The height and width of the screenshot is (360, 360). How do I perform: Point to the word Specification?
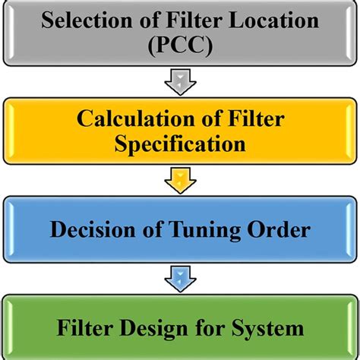coord(180,144)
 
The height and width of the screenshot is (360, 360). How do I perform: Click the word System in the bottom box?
coord(271,329)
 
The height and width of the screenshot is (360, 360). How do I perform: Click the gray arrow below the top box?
coord(180,80)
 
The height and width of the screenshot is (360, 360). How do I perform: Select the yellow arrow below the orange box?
coord(180,179)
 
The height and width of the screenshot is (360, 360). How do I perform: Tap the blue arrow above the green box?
coord(180,279)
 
